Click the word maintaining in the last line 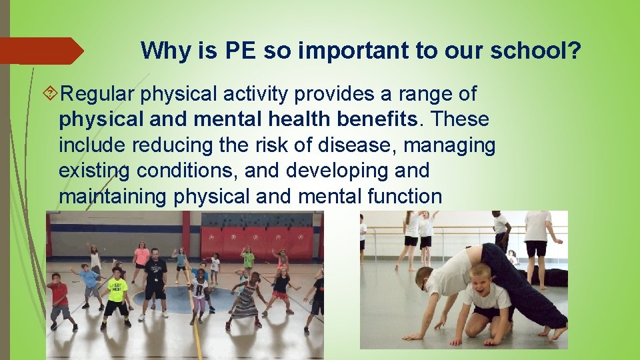(114, 196)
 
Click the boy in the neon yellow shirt (117, 293)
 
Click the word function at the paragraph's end (407, 196)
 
